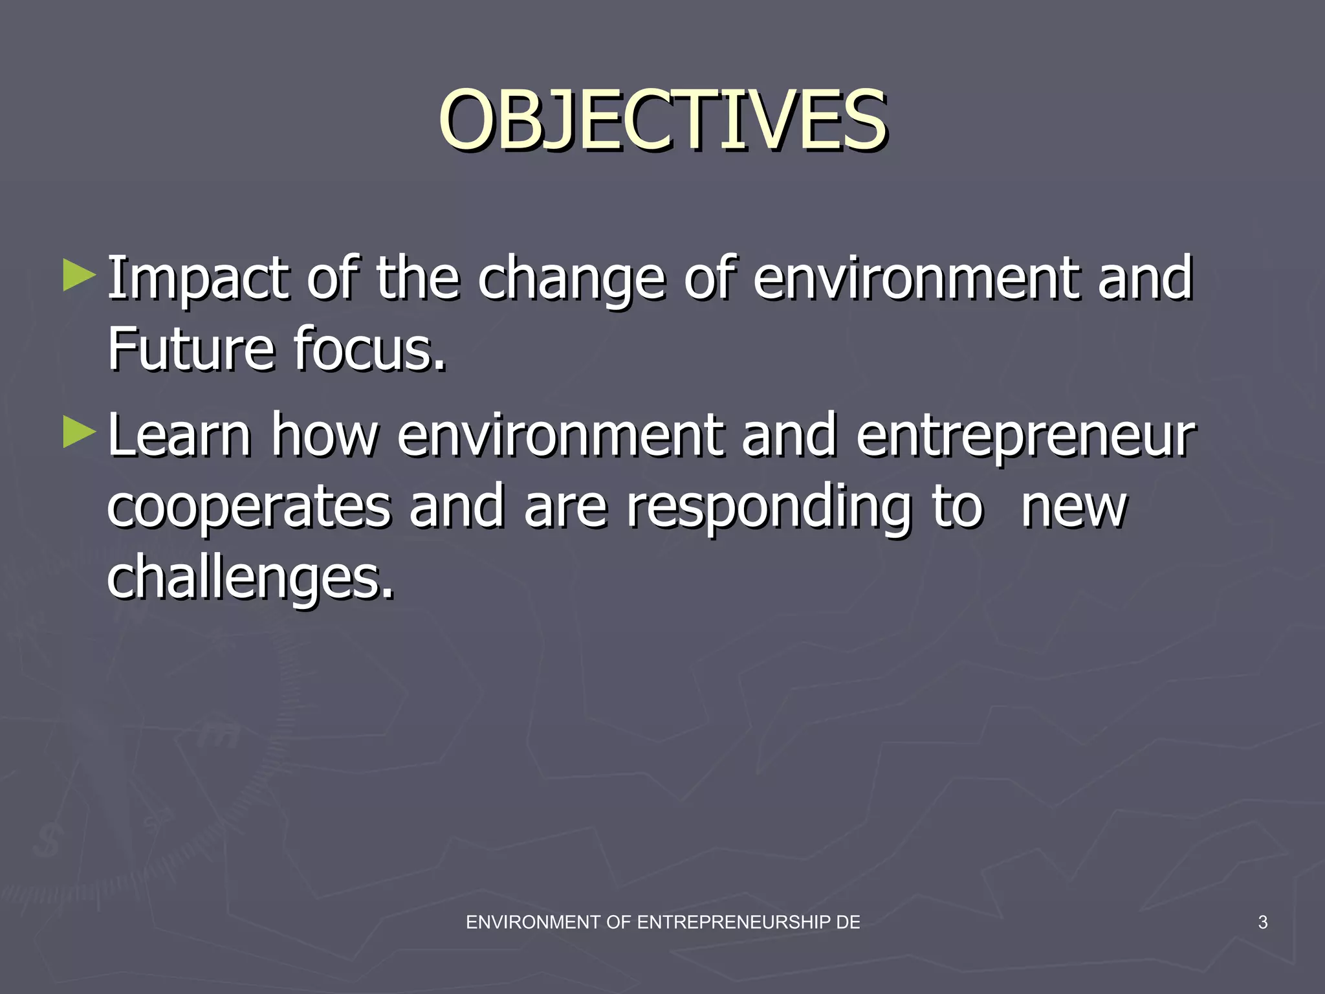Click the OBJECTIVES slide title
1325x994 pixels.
pos(662,121)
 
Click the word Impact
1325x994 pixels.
pos(198,280)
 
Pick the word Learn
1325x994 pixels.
pos(179,436)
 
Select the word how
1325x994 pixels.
pos(323,436)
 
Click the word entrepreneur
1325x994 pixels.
pos(1025,437)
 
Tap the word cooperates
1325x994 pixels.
pos(248,507)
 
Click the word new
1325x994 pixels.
pos(1074,509)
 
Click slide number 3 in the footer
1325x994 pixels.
pos(1262,922)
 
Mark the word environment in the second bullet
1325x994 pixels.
pos(560,436)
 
